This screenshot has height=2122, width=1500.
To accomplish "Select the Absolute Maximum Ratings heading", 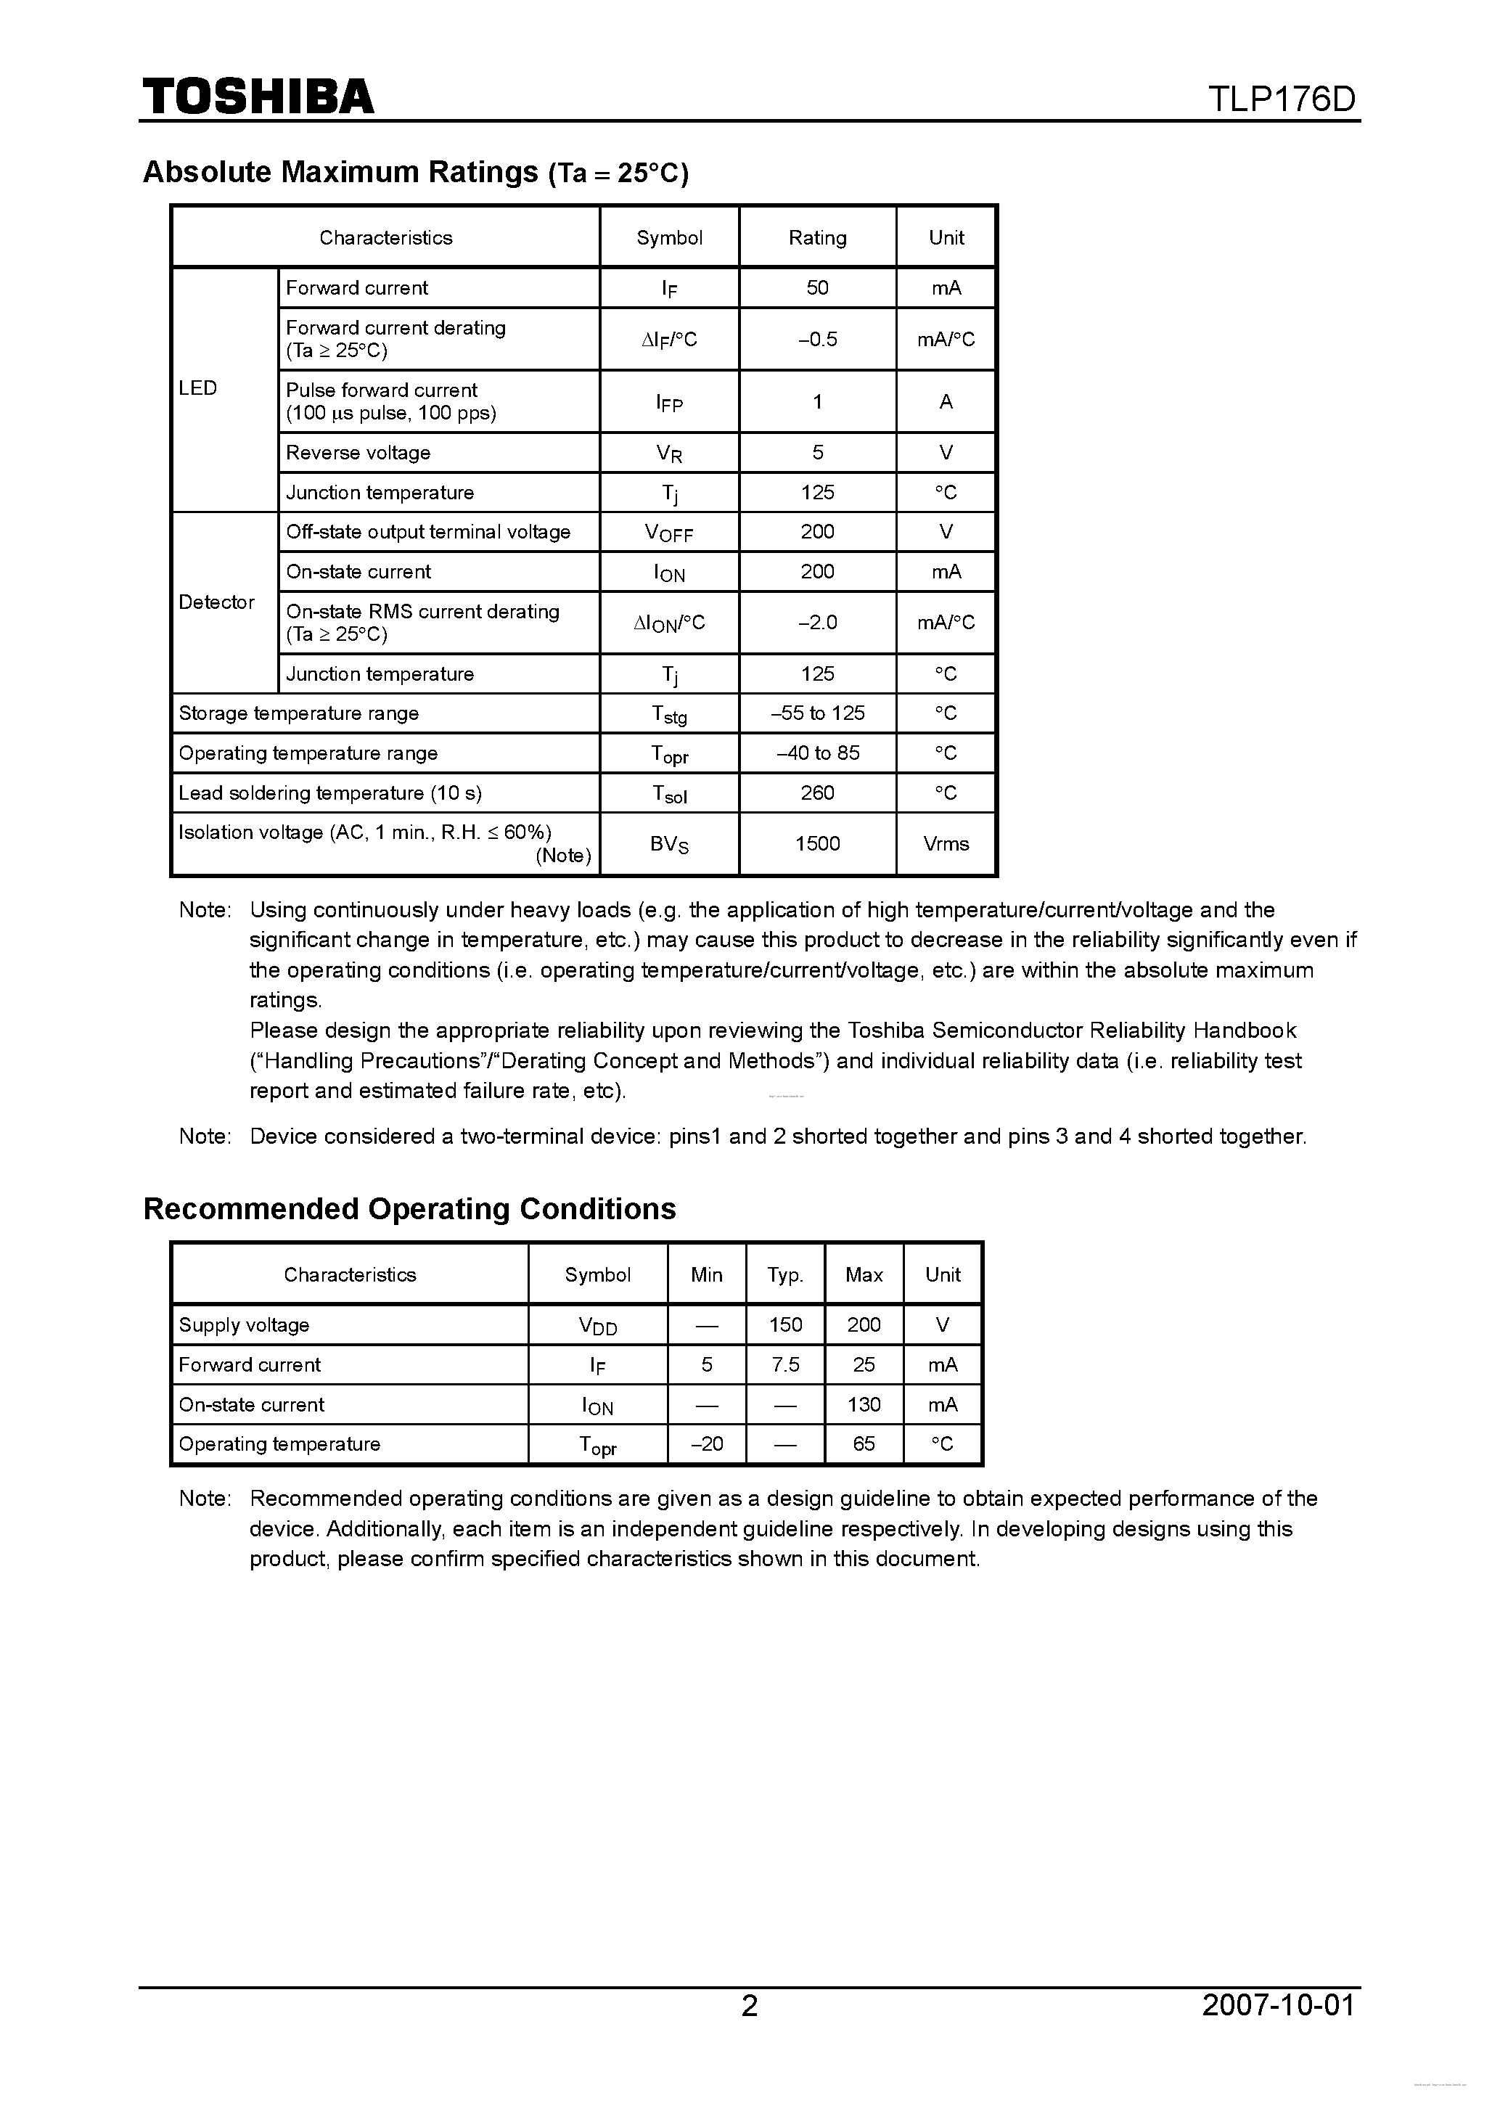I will click(x=415, y=172).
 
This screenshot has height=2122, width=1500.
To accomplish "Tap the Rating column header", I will click(x=817, y=237).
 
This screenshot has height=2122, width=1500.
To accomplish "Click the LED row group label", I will click(x=198, y=388).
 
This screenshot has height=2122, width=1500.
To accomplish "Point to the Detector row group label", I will click(x=216, y=602).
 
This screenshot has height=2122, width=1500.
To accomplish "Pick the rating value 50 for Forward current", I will click(x=817, y=287).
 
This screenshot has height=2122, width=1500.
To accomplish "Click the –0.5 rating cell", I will click(x=817, y=339).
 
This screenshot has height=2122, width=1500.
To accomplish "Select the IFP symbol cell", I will click(x=669, y=402).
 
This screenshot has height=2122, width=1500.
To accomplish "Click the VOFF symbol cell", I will click(x=669, y=533).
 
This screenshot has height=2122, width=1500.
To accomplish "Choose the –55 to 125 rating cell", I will click(x=817, y=713).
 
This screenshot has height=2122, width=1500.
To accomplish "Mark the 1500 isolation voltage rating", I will click(x=817, y=844).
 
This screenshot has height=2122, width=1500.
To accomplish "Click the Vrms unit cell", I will click(x=946, y=844).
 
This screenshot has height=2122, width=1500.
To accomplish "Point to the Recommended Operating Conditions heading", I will click(x=409, y=1209).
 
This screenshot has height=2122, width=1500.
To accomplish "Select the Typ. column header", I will click(x=784, y=1274).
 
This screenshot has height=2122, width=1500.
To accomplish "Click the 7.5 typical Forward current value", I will click(x=784, y=1364).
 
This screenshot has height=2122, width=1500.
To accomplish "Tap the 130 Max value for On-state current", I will click(x=864, y=1405).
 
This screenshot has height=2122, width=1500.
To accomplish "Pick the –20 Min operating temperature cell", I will click(x=706, y=1443).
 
